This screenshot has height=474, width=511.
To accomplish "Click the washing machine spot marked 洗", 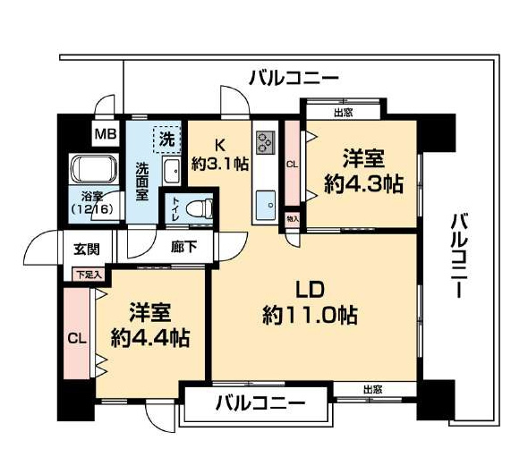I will point(167,139).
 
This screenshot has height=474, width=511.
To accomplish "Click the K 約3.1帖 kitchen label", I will point(220,155).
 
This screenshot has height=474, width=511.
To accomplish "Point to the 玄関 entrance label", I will point(86,247).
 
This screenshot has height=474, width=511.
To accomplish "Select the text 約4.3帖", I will point(362,184).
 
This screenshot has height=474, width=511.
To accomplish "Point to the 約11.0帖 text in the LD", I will point(311,315).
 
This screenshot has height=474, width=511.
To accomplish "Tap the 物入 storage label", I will point(293,219).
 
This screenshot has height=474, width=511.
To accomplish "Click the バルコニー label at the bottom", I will point(259,404).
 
